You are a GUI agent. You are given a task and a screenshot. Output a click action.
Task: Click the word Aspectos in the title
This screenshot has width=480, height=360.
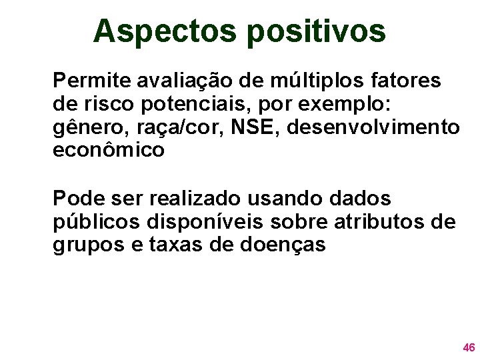pyautogui.click(x=166, y=31)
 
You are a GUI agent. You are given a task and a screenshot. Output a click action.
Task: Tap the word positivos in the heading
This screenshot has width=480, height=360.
pyautogui.click(x=317, y=31)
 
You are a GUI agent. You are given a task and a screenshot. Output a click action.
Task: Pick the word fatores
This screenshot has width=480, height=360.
pyautogui.click(x=409, y=81)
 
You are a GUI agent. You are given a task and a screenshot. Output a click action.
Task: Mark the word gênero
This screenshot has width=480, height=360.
pyautogui.click(x=84, y=128)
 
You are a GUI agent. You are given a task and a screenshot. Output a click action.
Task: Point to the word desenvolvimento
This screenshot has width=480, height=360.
pyautogui.click(x=359, y=127)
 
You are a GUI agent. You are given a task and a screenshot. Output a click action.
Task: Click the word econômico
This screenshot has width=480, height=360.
pyautogui.click(x=108, y=151)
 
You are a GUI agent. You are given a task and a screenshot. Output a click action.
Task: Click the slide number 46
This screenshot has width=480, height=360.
pyautogui.click(x=469, y=347)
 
